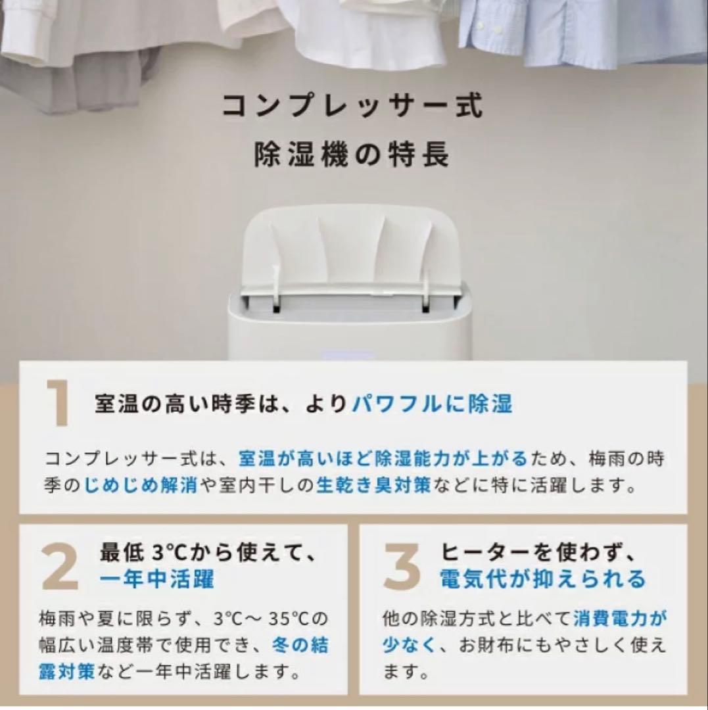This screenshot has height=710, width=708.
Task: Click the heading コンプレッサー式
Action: tap(352, 105)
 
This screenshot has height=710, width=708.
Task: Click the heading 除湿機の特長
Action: tap(351, 154)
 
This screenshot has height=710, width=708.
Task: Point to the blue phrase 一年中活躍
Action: tap(156, 579)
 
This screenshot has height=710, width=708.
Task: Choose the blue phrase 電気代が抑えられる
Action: tap(543, 579)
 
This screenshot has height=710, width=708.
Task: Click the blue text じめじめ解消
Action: tap(140, 485)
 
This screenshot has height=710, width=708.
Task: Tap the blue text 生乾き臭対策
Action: tap(373, 485)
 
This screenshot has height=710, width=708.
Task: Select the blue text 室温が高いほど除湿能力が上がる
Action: tap(383, 459)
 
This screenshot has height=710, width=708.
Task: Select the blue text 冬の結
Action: tap(300, 646)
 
